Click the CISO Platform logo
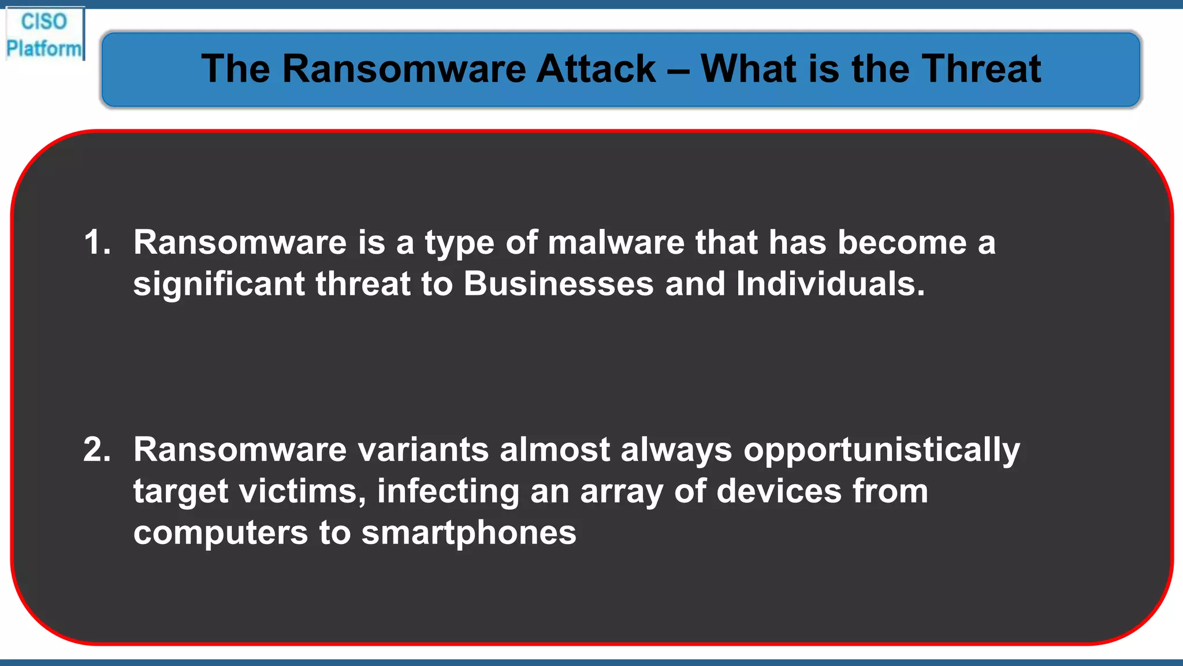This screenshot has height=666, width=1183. click(x=44, y=35)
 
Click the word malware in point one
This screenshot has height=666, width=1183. click(x=616, y=242)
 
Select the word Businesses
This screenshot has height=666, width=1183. click(x=559, y=284)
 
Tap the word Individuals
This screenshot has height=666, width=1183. click(x=830, y=284)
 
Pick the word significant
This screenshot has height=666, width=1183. click(x=219, y=284)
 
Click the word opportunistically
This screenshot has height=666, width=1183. click(x=881, y=450)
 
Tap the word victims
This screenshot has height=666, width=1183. click(x=302, y=491)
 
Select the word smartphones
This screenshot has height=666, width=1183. click(x=468, y=533)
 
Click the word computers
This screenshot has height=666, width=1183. click(x=221, y=533)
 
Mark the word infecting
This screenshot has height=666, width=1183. click(x=448, y=491)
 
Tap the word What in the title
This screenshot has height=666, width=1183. click(x=748, y=69)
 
